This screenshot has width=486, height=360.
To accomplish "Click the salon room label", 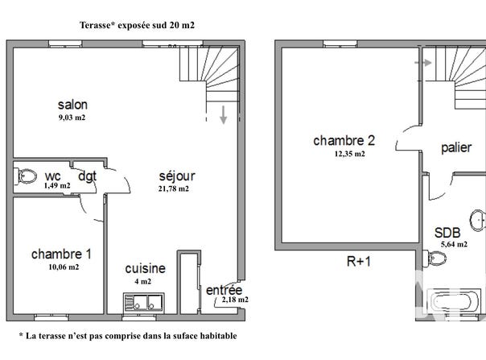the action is pos(72,105).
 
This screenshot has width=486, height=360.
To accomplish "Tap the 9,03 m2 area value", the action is pos(72,118).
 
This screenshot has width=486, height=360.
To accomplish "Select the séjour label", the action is pos(177,176).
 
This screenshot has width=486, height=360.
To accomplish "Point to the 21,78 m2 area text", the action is pos(174,188).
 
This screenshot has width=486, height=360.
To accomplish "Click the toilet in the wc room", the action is pos(26,176).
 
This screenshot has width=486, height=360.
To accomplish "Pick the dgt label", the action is pos(87,176).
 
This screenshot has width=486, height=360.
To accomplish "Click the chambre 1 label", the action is pos(61,254).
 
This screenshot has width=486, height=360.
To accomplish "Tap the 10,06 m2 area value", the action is pos(64,267).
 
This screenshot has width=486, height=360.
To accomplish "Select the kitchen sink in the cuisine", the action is pos(144,302).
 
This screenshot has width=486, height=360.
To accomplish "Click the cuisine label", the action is pos(145,268).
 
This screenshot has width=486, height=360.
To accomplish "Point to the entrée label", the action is pos(224,290).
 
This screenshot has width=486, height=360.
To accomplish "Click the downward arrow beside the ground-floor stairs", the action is pos(223,115).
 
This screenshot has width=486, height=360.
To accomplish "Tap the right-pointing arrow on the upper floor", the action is pos(423,63).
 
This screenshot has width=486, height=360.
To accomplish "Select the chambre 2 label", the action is pos(344,141).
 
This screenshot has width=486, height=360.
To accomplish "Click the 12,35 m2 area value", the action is pos(350,154).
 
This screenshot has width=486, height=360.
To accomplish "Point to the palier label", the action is pos(456,147).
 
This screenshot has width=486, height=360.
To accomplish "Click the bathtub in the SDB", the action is pos(452,301).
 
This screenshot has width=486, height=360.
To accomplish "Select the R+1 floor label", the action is pos(359,262).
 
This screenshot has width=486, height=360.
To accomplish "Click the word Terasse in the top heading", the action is pos(95,25).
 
